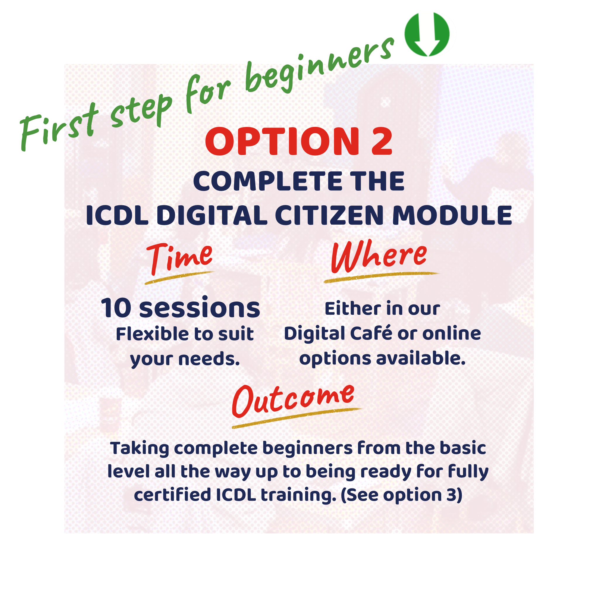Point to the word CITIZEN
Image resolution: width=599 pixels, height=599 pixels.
(329, 216)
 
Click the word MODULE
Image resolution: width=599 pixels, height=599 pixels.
(452, 216)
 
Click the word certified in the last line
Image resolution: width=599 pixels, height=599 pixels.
(172, 495)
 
